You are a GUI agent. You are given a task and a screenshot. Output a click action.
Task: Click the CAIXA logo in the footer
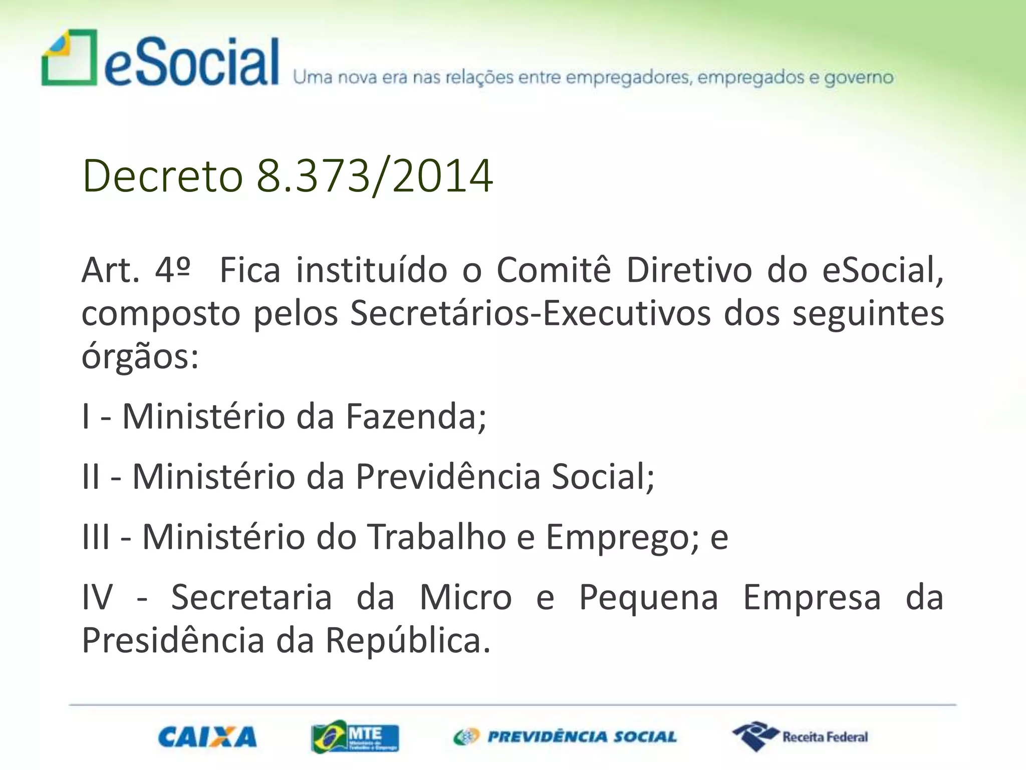(x=207, y=737)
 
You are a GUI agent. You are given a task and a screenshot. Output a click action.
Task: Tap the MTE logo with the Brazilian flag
(x=355, y=737)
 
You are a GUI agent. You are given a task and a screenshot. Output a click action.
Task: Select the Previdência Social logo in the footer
(x=565, y=736)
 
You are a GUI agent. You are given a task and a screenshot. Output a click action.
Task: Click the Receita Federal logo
(x=800, y=736)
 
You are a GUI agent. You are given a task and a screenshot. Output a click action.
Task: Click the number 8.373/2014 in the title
(x=374, y=176)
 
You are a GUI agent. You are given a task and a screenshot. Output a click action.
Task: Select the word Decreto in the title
(x=162, y=176)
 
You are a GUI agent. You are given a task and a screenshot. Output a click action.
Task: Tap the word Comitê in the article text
(x=554, y=270)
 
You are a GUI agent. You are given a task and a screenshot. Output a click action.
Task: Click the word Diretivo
(x=689, y=270)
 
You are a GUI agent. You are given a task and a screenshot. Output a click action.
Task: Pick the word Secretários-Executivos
(x=530, y=314)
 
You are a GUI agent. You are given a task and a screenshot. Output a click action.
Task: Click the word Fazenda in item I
(x=415, y=417)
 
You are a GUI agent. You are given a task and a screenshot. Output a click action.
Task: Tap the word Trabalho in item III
(x=437, y=537)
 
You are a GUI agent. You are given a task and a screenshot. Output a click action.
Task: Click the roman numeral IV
(x=97, y=598)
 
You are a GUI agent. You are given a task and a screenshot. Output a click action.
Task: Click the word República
(x=408, y=641)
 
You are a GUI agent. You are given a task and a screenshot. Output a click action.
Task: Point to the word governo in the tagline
(x=859, y=78)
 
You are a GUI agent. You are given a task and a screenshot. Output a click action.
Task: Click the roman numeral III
(x=96, y=537)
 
